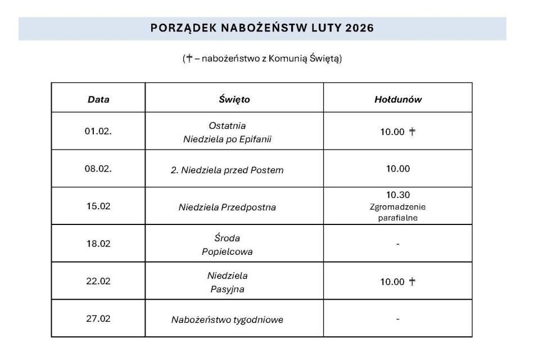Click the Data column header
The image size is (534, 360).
(98, 100)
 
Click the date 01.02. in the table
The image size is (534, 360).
(98, 132)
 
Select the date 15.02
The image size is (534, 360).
(98, 206)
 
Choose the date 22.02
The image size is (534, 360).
(98, 282)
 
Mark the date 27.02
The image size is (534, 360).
(98, 319)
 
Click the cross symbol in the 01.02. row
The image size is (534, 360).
(412, 132)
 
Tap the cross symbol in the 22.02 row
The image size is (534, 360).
(412, 282)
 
